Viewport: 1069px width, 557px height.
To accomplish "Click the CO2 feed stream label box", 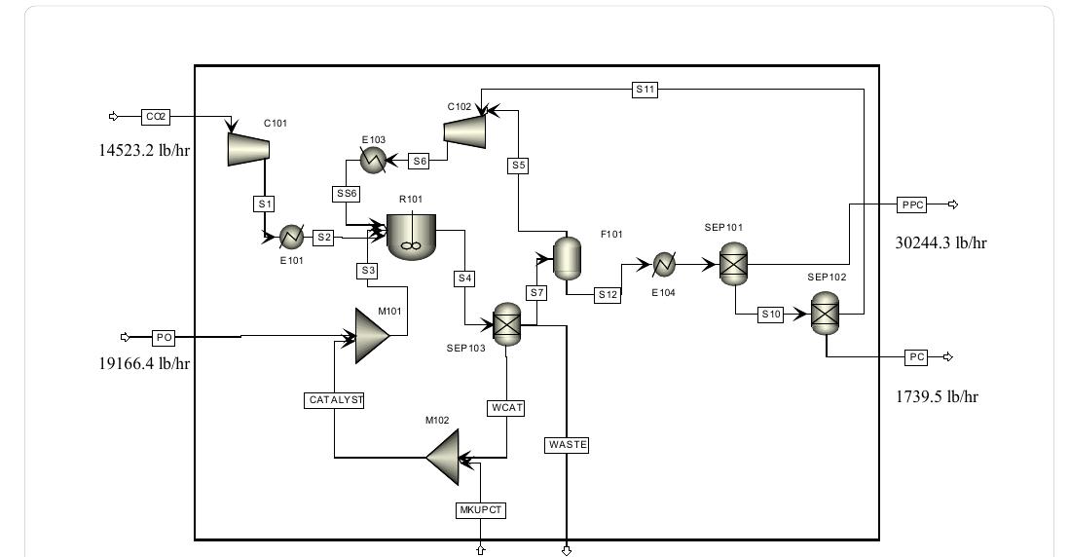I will coord(155,117).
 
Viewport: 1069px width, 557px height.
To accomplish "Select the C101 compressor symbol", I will coord(248,147).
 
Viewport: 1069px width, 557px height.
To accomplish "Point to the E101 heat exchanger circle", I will coord(290,237).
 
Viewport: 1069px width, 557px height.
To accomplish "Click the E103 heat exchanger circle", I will coord(372,161).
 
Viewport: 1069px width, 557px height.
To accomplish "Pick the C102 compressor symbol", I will coord(466,130).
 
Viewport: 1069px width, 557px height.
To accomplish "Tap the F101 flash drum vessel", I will coord(567,256).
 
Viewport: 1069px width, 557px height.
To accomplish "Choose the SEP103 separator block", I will coord(506,323).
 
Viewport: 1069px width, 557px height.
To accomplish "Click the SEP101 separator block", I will coord(732,263).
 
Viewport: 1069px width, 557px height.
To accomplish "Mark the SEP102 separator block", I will coord(825,314).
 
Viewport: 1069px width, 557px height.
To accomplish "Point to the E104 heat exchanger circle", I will coord(664,264).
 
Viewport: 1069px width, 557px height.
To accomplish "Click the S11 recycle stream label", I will coord(645,90).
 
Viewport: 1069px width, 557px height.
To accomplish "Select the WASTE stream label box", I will coord(568,445).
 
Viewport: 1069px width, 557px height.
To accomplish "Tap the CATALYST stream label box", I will coord(334,400).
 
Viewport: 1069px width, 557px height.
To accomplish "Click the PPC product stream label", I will coord(911,204).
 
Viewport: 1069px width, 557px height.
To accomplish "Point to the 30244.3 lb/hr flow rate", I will coord(940,243).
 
